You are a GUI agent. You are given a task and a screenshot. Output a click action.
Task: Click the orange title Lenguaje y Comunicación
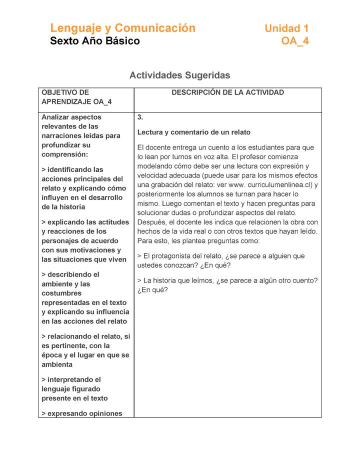coord(122,28)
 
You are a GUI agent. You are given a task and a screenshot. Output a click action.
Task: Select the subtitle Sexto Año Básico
coord(95,41)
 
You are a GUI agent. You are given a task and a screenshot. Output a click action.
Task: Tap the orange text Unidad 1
coord(286,28)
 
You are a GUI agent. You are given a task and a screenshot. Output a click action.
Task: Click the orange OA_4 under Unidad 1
coord(295,41)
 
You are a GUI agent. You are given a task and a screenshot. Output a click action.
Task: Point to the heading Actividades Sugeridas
coord(179,75)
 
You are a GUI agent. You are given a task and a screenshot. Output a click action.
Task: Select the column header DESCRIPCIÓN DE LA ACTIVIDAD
coord(227,92)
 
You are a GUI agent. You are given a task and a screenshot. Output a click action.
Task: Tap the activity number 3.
coord(140,117)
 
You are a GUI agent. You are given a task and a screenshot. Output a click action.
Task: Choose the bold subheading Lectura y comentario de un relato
coord(194,132)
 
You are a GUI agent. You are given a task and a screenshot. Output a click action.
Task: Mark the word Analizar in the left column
coord(56,117)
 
